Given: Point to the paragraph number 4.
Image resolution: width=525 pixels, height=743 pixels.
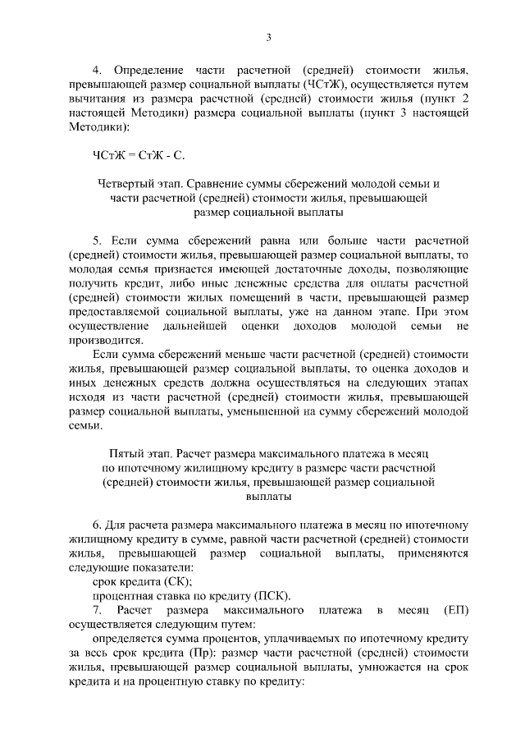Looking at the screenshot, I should (96, 71).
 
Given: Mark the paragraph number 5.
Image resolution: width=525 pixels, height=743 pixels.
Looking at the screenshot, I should (96, 241).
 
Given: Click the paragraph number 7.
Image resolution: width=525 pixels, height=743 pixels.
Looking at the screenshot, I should (96, 611).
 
